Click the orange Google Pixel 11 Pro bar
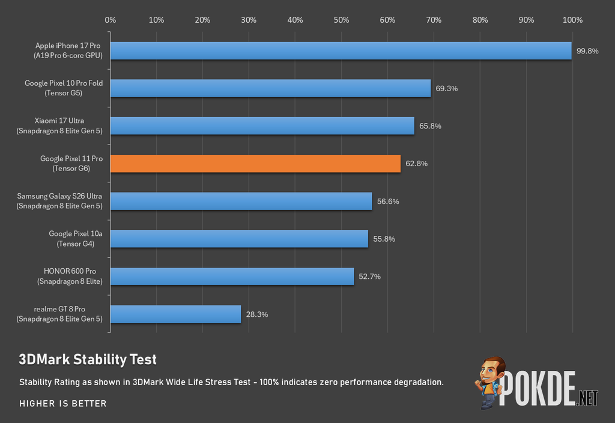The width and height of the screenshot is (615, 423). point(255,164)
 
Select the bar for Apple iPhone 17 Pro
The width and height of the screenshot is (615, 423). point(341,51)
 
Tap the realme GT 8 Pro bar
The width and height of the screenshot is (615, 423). point(176,314)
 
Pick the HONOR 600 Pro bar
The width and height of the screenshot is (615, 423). point(232,277)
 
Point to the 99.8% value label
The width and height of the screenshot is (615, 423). point(587,51)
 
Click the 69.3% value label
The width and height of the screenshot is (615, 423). point(446,89)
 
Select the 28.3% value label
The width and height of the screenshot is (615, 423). point(257,314)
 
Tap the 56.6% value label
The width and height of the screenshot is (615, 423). point(388,202)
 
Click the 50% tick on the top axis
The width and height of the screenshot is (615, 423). point(341,20)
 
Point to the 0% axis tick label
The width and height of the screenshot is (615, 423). point(111,20)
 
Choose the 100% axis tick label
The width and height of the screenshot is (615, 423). point(572,20)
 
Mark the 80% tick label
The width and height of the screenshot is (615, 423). point(480,20)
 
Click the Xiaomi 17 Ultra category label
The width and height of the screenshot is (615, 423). point(59,126)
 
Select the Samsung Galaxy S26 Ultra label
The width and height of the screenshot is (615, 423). point(59,201)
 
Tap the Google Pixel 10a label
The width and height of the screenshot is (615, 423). point(75,239)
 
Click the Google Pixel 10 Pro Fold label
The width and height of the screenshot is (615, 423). point(64,88)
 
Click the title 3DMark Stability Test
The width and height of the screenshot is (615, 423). point(88,359)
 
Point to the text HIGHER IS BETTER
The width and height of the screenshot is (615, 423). point(62,403)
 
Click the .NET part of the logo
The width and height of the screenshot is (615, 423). point(587,398)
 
